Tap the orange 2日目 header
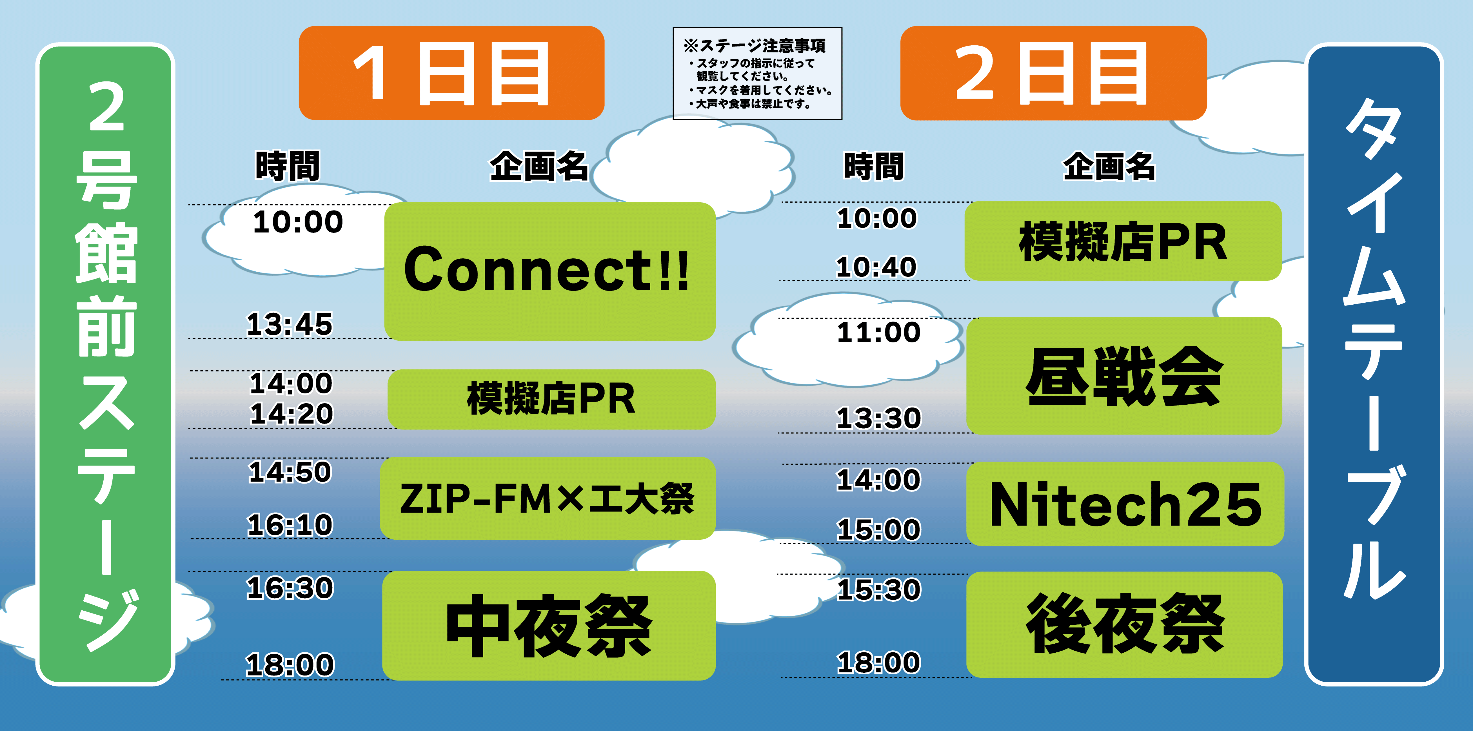coord(1053,73)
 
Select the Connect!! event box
coord(549,271)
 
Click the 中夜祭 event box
coord(549,625)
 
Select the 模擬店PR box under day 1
coord(551,399)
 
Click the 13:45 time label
coord(289,324)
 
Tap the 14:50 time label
coord(290,472)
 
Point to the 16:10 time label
coord(290,524)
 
